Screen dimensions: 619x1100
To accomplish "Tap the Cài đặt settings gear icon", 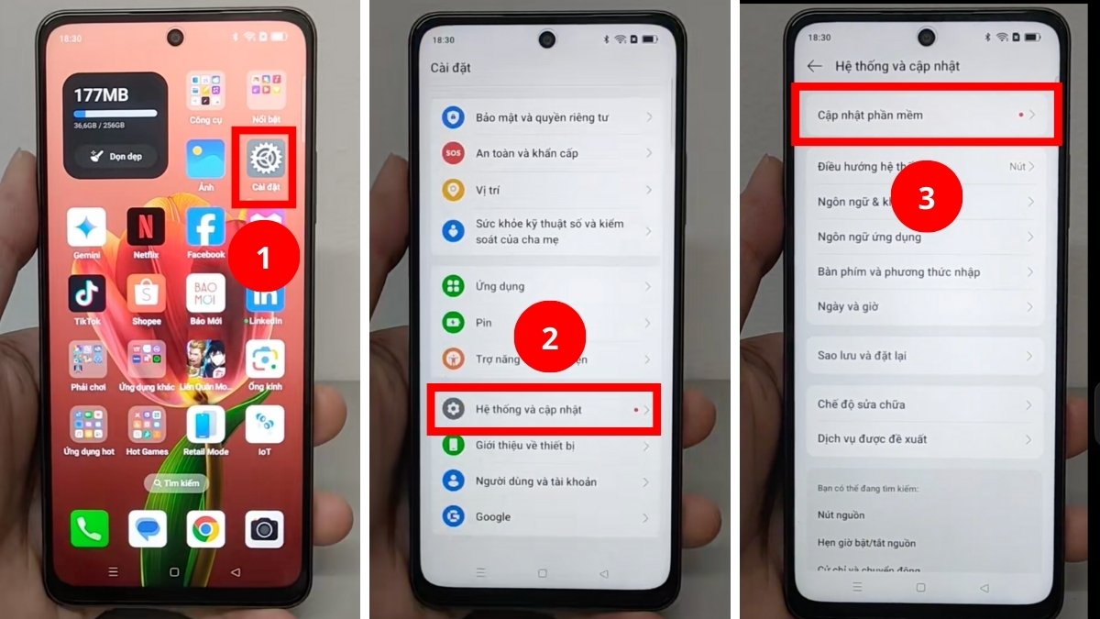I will tap(266, 160).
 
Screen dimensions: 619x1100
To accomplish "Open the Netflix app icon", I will tap(146, 227).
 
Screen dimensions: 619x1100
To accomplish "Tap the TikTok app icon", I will tap(87, 293).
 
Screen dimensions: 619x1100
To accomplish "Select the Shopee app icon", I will tap(146, 293).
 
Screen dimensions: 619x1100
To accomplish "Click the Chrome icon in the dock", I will tap(205, 529).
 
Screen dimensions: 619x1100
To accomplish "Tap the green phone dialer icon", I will tap(90, 529).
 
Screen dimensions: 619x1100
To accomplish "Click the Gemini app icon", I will tap(87, 227).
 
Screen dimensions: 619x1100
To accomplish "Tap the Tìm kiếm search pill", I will tap(176, 482).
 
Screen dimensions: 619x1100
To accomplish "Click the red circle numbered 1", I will tap(264, 258).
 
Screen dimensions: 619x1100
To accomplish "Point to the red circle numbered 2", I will tap(549, 337).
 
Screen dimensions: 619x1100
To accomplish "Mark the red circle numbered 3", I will tap(926, 198).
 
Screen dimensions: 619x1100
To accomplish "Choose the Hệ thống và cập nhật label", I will tap(528, 409).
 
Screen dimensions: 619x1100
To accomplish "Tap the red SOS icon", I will tap(453, 153).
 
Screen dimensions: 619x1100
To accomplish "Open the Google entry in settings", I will tap(493, 516).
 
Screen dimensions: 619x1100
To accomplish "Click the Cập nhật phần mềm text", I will tap(870, 116).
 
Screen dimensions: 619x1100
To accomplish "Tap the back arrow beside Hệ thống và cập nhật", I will tap(814, 66).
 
